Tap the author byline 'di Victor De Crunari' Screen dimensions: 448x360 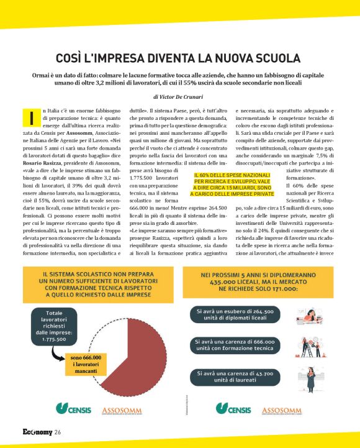point(180,98)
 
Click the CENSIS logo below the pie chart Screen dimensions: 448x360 point(73,409)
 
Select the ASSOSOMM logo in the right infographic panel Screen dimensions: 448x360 point(281,411)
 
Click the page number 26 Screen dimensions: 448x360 point(57,432)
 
